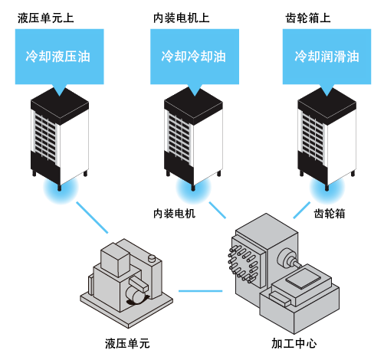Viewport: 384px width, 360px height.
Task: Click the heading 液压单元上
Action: point(46,18)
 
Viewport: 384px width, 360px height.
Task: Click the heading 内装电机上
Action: point(182,18)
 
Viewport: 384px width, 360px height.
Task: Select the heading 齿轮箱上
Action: point(308,18)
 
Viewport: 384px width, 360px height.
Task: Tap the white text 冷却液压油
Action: point(58,57)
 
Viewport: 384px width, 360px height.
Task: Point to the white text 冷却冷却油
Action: point(193,57)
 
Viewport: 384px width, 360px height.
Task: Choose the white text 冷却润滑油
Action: point(327,57)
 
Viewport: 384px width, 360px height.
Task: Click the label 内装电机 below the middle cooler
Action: point(175,214)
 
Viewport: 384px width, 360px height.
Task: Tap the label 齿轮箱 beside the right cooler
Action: point(330,214)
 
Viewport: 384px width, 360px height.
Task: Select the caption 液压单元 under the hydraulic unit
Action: point(127,343)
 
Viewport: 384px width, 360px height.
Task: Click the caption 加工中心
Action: point(294,343)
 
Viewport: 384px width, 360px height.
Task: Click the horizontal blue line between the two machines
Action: point(201,291)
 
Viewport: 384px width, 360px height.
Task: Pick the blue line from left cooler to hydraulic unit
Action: point(92,218)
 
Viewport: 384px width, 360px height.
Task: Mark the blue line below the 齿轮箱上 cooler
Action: point(302,210)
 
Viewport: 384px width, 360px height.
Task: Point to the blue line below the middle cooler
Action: point(218,210)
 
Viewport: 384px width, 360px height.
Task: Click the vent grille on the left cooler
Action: point(45,137)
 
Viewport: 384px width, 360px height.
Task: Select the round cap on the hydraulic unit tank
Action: point(152,258)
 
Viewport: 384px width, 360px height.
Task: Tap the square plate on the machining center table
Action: point(304,279)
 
